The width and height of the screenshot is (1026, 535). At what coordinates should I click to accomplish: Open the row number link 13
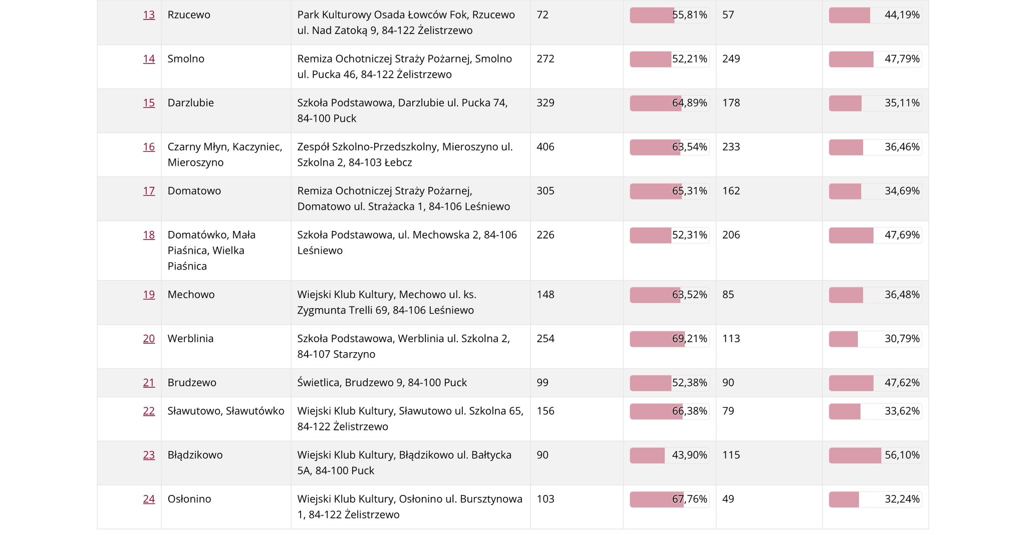149,15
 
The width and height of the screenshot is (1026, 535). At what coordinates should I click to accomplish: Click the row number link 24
149,499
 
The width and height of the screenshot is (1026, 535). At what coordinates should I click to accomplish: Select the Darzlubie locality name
190,103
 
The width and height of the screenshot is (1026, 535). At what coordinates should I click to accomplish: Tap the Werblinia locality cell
190,339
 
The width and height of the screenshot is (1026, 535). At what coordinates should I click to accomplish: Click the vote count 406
545,147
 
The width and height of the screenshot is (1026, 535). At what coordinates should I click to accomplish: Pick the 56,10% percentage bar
875,455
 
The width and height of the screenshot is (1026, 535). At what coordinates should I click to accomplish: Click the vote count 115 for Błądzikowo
731,455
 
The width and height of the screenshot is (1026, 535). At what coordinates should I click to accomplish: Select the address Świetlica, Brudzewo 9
382,383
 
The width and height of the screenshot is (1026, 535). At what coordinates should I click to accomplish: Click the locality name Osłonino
189,499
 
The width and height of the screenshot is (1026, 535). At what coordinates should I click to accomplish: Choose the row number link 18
149,235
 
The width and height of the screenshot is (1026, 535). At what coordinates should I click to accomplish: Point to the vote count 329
545,103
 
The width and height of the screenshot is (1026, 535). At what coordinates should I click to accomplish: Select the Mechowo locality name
191,295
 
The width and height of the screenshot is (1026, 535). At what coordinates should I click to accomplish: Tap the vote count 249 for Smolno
731,59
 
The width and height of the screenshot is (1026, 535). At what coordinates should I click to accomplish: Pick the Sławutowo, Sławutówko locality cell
225,411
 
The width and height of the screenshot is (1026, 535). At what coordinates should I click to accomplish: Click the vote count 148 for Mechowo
545,295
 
